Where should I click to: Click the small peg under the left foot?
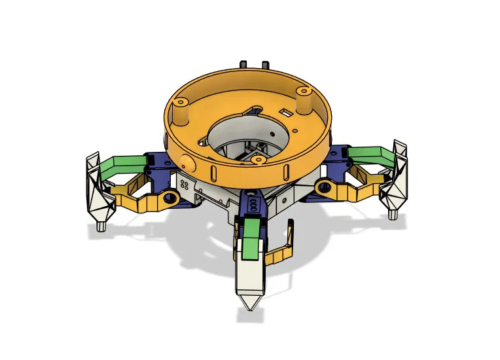[x=101, y=226]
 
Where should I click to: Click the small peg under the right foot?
[x=393, y=214]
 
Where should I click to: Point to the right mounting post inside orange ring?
[x=302, y=99]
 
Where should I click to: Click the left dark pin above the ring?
[x=244, y=65]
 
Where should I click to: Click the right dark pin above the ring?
[x=265, y=64]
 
